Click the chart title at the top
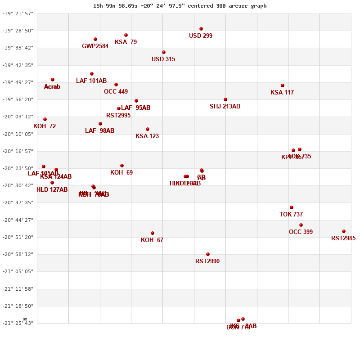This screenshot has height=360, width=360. [180, 6]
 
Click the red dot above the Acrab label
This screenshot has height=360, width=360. [53, 80]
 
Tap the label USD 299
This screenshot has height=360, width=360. [201, 36]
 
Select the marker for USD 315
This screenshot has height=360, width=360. [164, 52]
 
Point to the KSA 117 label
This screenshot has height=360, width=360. [282, 93]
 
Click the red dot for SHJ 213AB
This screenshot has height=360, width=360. [225, 99]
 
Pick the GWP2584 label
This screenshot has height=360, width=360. [95, 46]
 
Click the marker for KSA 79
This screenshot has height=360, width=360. [126, 35]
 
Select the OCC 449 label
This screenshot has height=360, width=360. [116, 92]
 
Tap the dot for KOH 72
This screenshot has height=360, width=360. [45, 119]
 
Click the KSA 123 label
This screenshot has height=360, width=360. [147, 136]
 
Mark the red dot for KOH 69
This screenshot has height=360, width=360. [122, 166]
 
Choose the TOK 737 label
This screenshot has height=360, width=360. [291, 215]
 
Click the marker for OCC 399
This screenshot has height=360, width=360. [301, 225]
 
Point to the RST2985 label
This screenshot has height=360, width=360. [343, 238]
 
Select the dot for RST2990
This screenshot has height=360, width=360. [208, 254]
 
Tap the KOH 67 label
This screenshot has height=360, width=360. [152, 240]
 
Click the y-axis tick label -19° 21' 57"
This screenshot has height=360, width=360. [18, 13]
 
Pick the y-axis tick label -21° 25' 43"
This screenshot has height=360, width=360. [18, 323]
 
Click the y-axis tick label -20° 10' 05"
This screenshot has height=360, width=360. [18, 134]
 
